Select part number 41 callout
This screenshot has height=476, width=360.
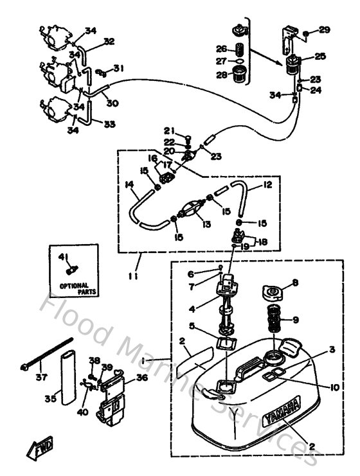pyautogui.click(x=63, y=257)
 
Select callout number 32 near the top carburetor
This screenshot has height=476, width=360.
pyautogui.click(x=109, y=41)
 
